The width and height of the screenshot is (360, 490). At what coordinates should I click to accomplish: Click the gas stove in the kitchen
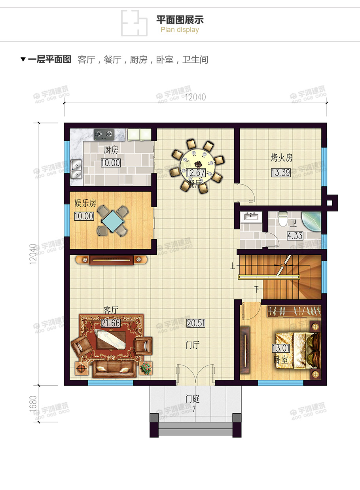click(104, 134)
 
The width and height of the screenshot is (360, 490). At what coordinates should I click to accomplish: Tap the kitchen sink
click(76, 169)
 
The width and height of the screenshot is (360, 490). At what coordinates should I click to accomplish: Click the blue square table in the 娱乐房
click(113, 221)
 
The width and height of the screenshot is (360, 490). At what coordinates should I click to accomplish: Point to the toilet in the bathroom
click(283, 219)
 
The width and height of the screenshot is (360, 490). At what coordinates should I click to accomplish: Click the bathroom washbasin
click(251, 217)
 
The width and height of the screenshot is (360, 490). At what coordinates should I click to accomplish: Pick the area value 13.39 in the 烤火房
click(281, 172)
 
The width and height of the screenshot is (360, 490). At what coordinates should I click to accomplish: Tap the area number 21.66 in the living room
click(111, 323)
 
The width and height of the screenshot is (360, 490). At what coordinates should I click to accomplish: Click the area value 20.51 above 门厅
click(196, 323)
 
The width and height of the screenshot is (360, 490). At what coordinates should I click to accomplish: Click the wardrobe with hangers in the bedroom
click(294, 312)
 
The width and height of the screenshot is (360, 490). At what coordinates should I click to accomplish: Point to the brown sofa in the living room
click(114, 369)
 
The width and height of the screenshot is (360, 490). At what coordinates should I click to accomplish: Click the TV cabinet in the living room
click(112, 260)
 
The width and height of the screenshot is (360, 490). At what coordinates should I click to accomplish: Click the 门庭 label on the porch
click(193, 399)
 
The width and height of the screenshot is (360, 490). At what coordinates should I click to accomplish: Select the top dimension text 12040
click(195, 97)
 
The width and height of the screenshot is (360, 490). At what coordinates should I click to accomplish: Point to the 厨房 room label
click(111, 150)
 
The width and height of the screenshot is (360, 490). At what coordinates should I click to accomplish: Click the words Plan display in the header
click(180, 30)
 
